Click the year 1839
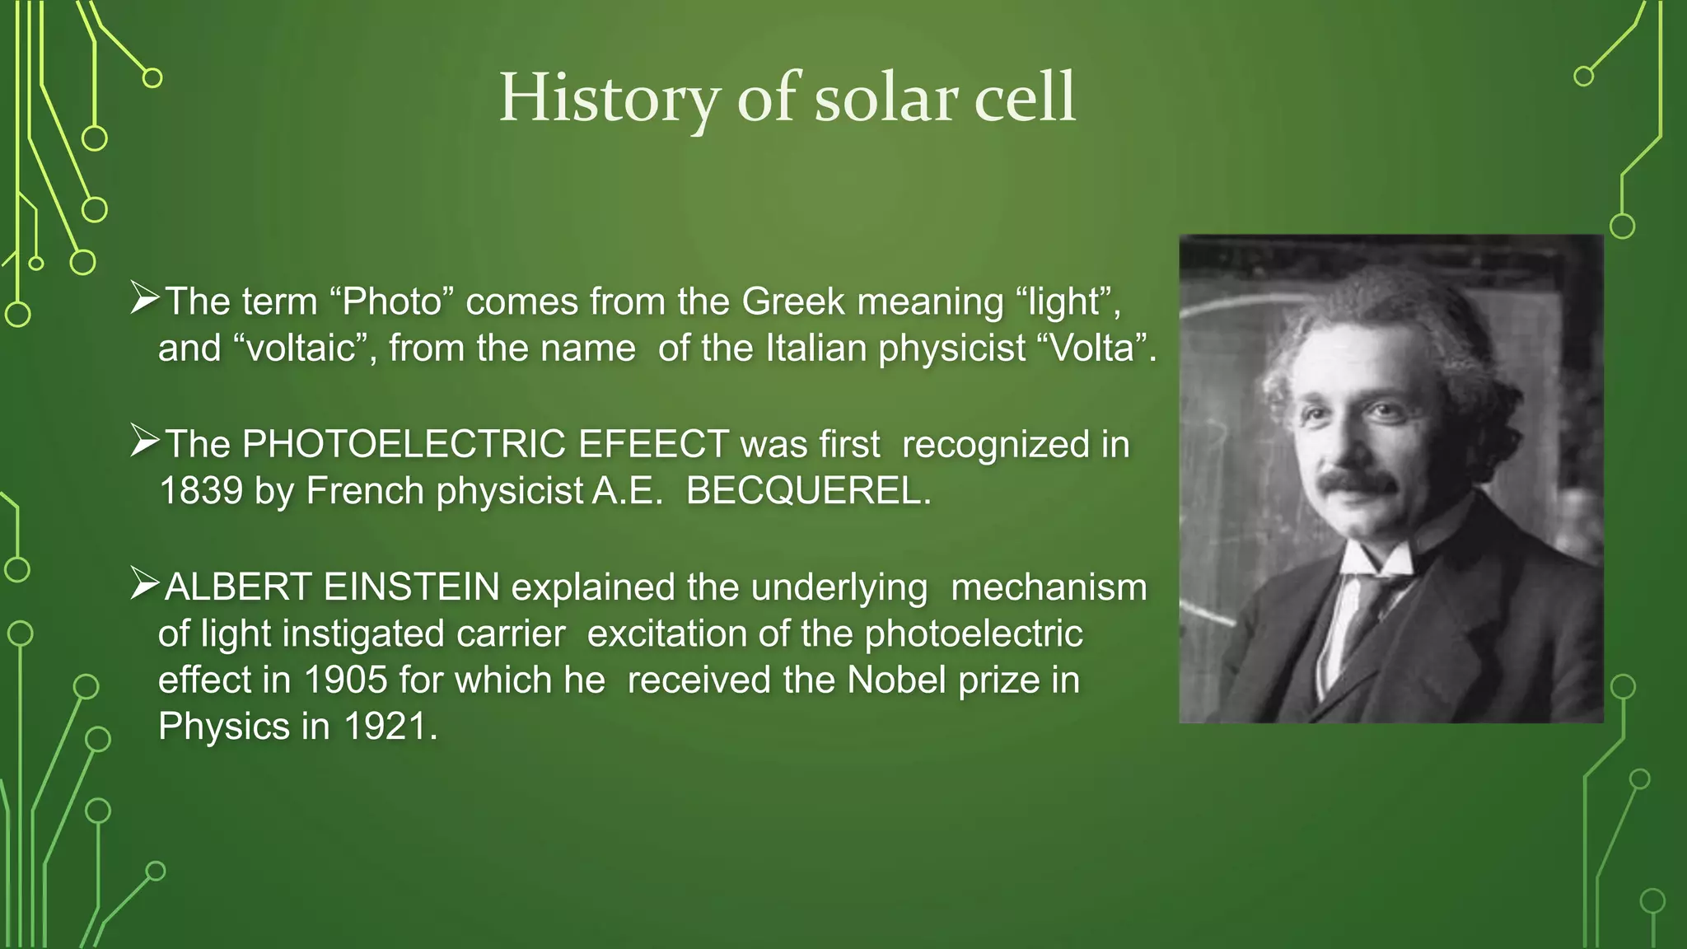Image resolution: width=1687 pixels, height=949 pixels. pyautogui.click(x=201, y=491)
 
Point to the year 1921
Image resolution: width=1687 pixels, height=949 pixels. pyautogui.click(x=385, y=727)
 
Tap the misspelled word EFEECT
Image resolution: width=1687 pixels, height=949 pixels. pyautogui.click(x=653, y=444)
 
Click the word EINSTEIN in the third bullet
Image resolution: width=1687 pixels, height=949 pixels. pyautogui.click(x=411, y=587)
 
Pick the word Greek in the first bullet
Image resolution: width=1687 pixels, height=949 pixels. pyautogui.click(x=792, y=302)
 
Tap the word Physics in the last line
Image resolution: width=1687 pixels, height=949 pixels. pyautogui.click(x=223, y=727)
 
